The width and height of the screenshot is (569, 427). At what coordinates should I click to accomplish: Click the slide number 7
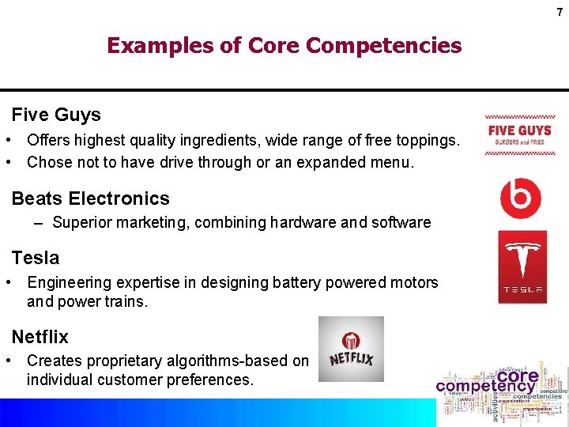click(x=558, y=12)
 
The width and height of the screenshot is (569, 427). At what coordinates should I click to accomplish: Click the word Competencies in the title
click(x=383, y=46)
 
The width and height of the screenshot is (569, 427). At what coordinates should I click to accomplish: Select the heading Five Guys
click(x=56, y=115)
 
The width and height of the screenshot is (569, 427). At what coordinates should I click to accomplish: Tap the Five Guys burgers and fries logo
click(x=519, y=134)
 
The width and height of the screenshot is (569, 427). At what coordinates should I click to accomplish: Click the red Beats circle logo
click(x=521, y=198)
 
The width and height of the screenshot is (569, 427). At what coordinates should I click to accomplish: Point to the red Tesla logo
click(x=522, y=267)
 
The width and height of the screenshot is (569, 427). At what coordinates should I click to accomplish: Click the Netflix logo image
click(x=351, y=350)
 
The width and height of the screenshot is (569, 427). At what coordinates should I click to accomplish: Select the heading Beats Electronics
click(x=90, y=198)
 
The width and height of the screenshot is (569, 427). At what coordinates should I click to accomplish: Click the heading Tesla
click(x=35, y=258)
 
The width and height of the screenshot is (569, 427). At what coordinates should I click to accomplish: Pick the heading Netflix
click(x=40, y=337)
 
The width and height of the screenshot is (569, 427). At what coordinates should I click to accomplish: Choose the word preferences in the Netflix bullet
click(x=208, y=380)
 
